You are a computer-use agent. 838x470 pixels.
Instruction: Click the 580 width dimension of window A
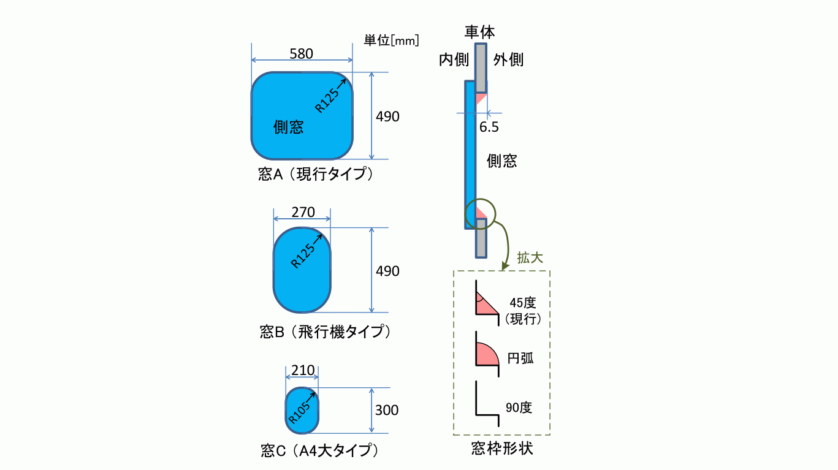(x=301, y=54)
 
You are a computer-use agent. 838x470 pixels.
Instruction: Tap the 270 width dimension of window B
(x=303, y=213)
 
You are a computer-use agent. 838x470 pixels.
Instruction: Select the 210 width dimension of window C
(x=303, y=370)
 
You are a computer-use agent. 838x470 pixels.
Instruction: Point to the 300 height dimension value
(x=387, y=410)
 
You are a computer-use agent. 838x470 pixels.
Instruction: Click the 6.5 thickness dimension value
(x=489, y=127)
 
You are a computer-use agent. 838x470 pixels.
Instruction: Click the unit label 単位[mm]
(x=391, y=40)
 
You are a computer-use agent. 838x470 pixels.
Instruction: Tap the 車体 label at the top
(x=479, y=32)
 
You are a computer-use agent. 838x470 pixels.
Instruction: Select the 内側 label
(x=454, y=60)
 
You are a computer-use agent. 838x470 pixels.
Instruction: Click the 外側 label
(x=508, y=60)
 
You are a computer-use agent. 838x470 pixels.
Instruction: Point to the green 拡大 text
(x=530, y=257)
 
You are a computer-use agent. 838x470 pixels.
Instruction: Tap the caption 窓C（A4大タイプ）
(x=320, y=450)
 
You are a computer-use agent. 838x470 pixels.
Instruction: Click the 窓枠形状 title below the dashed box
(x=502, y=449)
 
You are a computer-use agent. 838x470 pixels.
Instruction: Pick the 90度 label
(x=519, y=407)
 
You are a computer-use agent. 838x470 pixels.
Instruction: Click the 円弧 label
(x=520, y=358)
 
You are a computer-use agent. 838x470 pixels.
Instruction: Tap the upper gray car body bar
(x=481, y=68)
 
